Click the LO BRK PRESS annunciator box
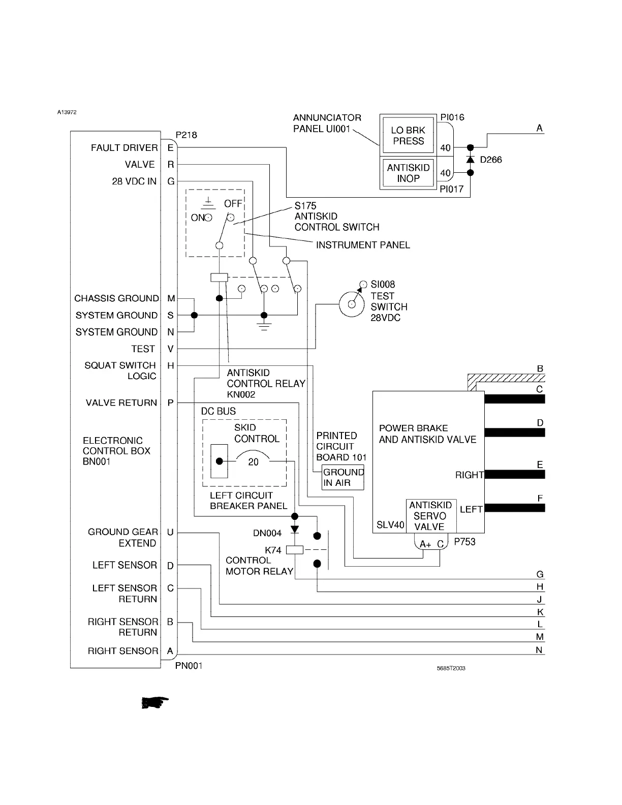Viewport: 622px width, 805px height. [408, 136]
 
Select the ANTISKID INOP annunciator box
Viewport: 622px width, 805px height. [408, 173]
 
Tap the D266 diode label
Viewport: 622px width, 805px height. [491, 160]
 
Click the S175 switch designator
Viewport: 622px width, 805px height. [305, 206]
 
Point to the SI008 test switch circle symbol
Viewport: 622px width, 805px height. [352, 304]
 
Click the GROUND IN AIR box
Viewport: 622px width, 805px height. [344, 477]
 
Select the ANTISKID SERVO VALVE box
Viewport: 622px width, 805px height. [430, 516]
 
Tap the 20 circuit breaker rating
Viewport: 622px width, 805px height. [253, 461]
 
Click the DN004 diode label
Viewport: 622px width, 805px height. [267, 533]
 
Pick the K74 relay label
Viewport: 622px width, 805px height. [273, 550]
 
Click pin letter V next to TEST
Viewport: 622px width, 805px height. [170, 349]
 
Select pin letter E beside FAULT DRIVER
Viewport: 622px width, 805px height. [170, 148]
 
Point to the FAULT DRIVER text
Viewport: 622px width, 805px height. [125, 148]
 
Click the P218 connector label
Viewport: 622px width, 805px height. [186, 135]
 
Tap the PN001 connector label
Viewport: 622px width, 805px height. [189, 665]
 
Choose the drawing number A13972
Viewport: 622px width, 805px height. [67, 112]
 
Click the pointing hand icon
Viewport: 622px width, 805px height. [154, 703]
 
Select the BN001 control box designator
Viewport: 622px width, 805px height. [97, 461]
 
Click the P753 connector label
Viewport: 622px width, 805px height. [464, 542]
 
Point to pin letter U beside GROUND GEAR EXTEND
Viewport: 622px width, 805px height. [170, 532]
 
